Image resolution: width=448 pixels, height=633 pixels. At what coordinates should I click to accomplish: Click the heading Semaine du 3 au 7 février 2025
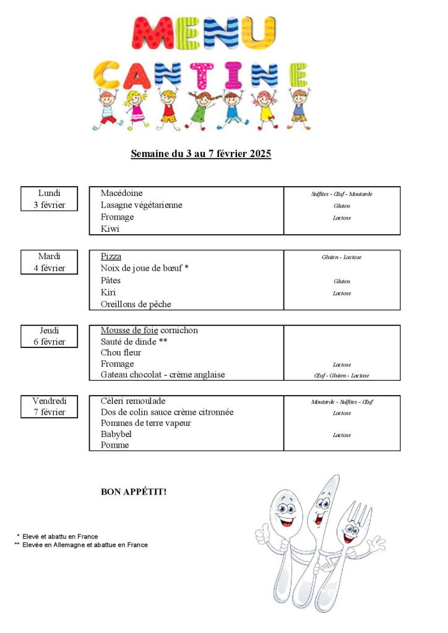200,154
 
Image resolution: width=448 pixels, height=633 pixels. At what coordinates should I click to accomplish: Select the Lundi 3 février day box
50,199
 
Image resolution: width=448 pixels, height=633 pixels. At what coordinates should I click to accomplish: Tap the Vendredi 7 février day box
50,407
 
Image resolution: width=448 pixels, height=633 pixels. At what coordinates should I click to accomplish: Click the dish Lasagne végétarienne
141,205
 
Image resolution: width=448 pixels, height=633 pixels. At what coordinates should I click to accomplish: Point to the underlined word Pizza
111,257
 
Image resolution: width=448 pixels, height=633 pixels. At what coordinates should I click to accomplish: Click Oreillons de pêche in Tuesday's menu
136,304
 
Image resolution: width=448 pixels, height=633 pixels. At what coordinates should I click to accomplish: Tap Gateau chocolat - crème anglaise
163,375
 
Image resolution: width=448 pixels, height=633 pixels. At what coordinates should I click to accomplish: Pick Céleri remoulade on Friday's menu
133,401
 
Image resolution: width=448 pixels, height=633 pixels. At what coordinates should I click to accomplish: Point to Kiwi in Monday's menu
110,229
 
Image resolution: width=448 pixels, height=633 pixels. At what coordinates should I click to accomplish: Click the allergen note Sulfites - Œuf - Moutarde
342,194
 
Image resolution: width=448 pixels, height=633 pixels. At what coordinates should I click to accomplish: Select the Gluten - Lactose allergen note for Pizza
342,257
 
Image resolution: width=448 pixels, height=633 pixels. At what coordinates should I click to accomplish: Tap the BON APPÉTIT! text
134,492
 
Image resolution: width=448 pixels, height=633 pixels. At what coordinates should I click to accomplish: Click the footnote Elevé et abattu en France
60,537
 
